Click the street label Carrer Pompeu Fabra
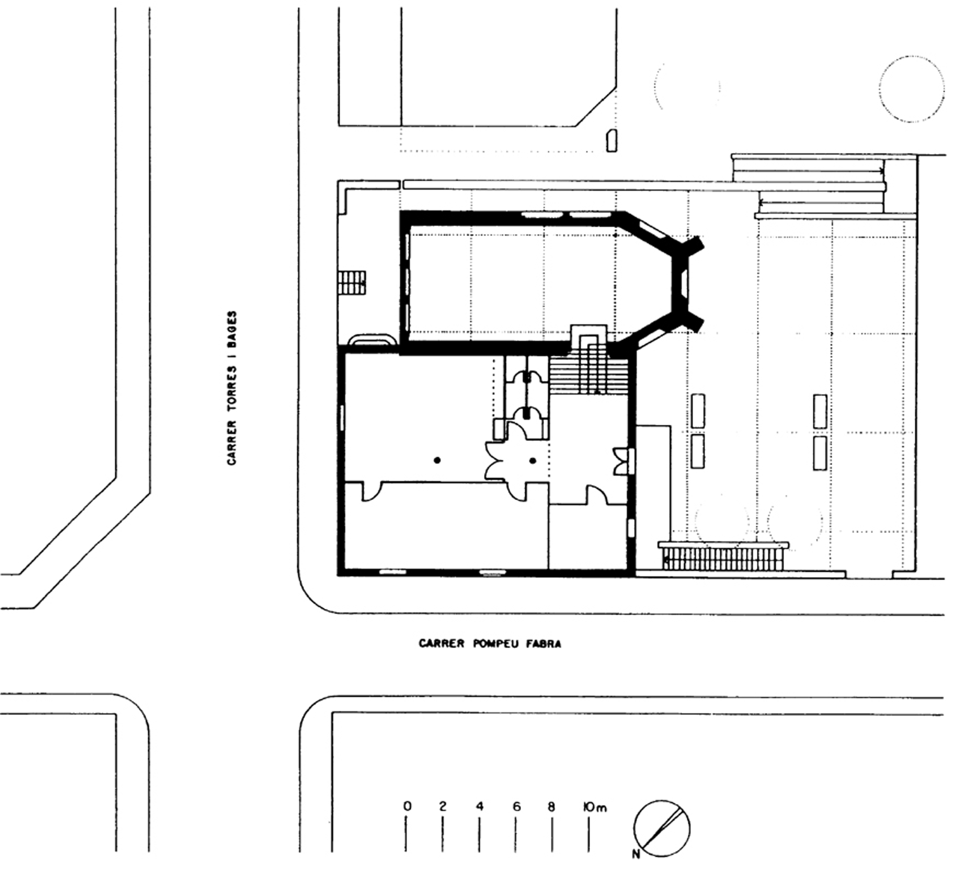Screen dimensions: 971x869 [490, 644]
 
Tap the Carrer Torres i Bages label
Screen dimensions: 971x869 [232, 388]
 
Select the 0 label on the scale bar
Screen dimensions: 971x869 [407, 806]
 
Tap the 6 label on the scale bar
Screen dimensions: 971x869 [516, 806]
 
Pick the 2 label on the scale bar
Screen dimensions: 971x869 [443, 806]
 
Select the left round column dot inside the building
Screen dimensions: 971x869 [437, 460]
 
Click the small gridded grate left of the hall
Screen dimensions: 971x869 [352, 282]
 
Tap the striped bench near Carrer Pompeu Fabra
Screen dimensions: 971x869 [723, 556]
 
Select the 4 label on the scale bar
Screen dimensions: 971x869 [480, 806]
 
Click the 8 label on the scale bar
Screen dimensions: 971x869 [552, 806]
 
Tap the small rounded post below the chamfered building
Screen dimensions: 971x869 [611, 141]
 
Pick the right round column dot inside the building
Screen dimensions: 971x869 [533, 460]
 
